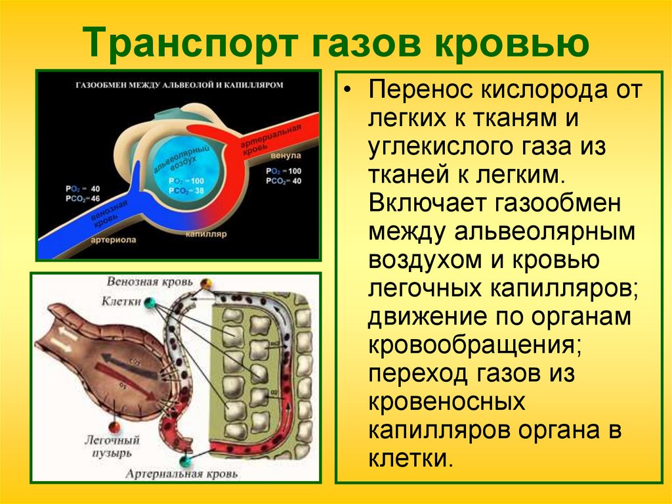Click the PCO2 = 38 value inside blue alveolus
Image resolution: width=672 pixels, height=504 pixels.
(x=186, y=190)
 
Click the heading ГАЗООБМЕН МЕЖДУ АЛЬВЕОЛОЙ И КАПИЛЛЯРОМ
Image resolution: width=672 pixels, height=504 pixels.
(x=179, y=85)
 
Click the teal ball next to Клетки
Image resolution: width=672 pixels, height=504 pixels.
(x=150, y=302)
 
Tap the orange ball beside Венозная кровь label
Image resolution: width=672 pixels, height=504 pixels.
(x=206, y=283)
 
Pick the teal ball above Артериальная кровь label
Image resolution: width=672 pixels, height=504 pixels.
(x=188, y=458)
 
